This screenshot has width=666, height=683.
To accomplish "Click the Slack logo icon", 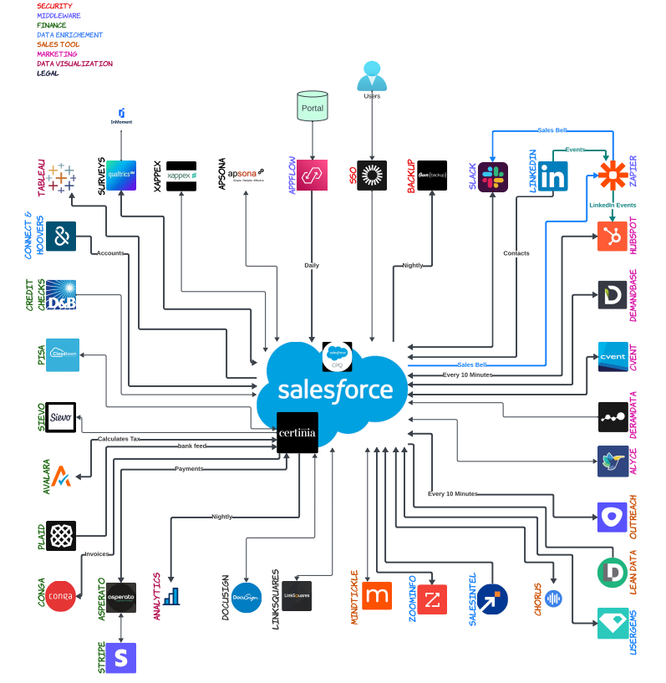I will (493, 177).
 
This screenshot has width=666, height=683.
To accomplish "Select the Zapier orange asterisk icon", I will (613, 176).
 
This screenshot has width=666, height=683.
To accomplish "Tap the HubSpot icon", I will (613, 236).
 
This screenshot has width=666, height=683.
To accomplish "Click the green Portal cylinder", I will (312, 107).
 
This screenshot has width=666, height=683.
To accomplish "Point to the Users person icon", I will (372, 77).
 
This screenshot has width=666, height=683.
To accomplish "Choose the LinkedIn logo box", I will (552, 176).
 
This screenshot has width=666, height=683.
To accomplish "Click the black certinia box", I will (297, 433).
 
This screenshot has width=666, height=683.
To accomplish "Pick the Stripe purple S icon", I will (121, 658).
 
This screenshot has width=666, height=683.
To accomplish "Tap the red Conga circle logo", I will (61, 596).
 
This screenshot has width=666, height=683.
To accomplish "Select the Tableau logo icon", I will (61, 177).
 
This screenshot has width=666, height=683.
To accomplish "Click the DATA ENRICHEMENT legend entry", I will (70, 35).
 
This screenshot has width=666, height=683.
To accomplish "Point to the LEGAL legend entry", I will (48, 73).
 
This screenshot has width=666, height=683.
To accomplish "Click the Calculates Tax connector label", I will (119, 439).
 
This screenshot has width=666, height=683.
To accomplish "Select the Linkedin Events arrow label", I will (613, 205).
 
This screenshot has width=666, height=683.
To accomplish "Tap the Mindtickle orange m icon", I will (377, 595).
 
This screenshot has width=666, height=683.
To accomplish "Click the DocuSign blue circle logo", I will (246, 597).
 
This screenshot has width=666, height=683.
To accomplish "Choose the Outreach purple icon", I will (613, 517).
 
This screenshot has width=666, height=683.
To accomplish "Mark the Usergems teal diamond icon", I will (613, 624).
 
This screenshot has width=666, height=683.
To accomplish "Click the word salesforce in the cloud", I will (335, 390).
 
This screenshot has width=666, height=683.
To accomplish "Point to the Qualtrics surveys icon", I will (121, 176).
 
